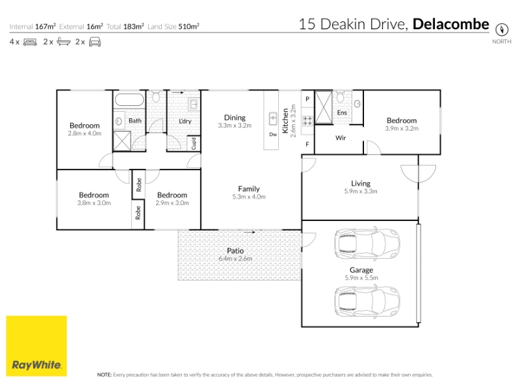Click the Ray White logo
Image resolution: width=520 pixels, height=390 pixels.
click(36, 346)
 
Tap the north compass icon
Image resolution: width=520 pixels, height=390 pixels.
click(502, 29)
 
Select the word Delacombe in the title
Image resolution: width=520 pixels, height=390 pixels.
click(450, 24)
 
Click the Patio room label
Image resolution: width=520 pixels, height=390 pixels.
click(235, 251)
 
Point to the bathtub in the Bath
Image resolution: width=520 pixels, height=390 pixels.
click(129, 100)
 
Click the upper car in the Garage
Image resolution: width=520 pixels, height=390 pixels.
click(367, 244)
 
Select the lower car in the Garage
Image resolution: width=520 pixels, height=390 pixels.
click(367, 302)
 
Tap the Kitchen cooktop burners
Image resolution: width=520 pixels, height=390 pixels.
click(307, 121)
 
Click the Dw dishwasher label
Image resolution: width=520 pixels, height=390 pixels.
click(273, 135)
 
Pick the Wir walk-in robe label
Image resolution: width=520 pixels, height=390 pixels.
click(341, 138)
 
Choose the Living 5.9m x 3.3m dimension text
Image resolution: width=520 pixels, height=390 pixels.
click(361, 191)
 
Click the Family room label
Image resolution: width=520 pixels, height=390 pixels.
click(249, 188)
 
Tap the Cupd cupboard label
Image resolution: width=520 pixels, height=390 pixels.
click(194, 144)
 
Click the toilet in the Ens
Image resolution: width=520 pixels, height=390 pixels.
click(340, 97)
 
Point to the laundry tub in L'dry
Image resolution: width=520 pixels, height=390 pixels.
click(193, 104)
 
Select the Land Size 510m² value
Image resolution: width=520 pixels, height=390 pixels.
click(188, 27)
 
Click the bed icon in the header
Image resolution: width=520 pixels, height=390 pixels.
click(30, 42)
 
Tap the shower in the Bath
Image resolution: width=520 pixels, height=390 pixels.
click(122, 141)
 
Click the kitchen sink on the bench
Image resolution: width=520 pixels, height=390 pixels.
click(272, 119)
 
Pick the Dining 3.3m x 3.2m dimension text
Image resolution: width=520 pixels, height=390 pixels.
click(235, 125)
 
